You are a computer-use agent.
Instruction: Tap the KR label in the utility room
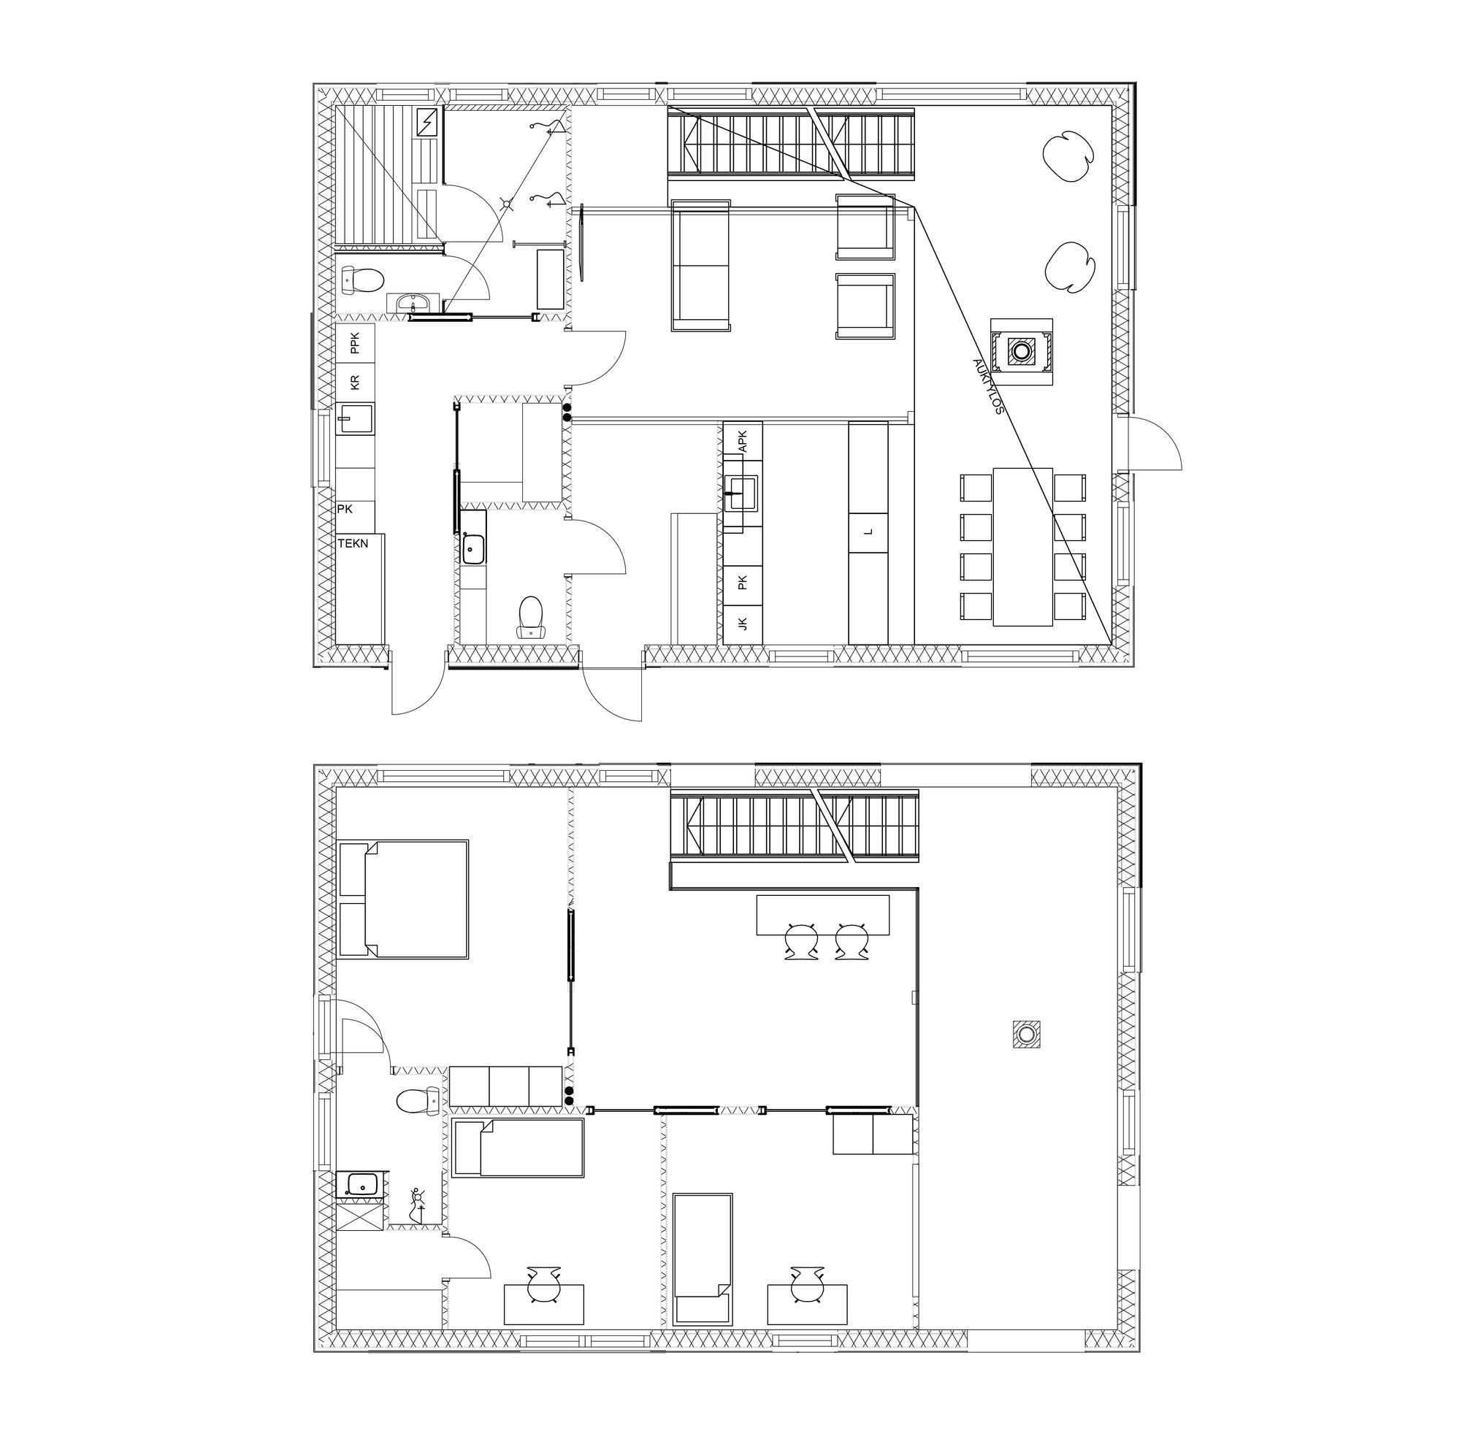[354, 383]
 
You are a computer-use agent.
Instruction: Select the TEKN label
[353, 543]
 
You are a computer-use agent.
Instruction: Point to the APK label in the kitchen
[743, 442]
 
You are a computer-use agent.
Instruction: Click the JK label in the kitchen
[743, 624]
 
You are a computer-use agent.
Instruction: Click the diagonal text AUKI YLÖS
[988, 385]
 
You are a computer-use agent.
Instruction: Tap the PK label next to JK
[743, 583]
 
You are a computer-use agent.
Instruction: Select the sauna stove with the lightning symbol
[428, 122]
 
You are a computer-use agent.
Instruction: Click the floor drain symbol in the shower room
[506, 202]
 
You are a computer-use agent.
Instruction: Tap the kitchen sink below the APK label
[741, 494]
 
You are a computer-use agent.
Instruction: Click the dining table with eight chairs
[1022, 546]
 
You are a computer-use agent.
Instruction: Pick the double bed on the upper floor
[402, 898]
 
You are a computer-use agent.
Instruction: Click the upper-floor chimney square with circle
[1026, 1034]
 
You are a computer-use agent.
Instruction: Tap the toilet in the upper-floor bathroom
[418, 1101]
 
